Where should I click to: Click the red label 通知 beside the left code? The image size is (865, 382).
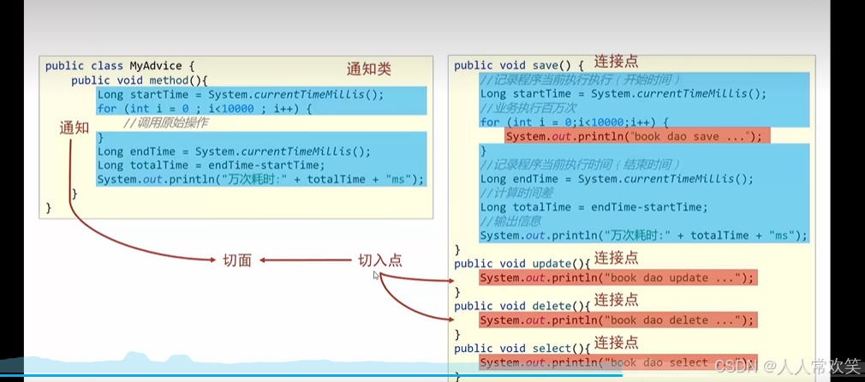click(x=75, y=128)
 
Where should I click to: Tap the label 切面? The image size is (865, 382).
click(x=236, y=260)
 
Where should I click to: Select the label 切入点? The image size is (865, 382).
click(x=379, y=260)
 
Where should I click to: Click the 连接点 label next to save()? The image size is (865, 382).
click(x=616, y=63)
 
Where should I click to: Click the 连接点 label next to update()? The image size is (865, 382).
click(x=616, y=257)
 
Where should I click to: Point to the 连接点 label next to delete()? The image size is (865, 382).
click(x=616, y=299)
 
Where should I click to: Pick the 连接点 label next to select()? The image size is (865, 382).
click(x=616, y=342)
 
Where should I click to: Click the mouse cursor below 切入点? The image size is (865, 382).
click(x=376, y=276)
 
